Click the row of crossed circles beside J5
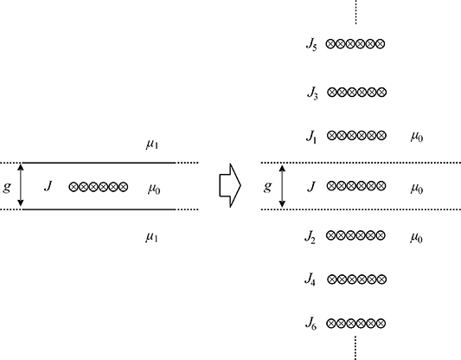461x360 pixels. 355,42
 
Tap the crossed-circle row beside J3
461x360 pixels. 355,91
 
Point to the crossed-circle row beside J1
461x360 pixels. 355,137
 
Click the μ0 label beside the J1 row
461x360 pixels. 417,138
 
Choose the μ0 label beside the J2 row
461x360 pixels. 417,236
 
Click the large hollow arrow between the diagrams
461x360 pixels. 228,186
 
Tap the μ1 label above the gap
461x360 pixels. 151,144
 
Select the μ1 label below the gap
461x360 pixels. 151,235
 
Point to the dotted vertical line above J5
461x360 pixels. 355,12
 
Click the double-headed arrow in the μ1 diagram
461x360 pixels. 22,186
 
